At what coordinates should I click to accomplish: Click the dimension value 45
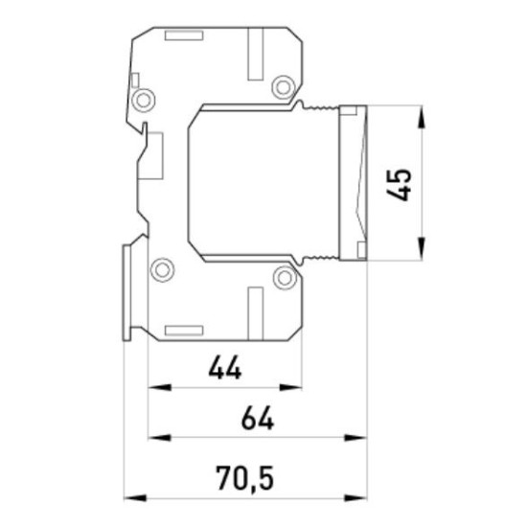[x=399, y=185]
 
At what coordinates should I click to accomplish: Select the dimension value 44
[x=225, y=368]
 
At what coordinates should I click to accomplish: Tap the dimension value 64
[x=258, y=418]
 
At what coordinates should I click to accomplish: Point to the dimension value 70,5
[x=244, y=478]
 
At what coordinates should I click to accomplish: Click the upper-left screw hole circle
[x=144, y=101]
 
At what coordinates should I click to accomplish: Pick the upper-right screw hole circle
[x=284, y=87]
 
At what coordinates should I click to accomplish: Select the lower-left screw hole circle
[x=162, y=270]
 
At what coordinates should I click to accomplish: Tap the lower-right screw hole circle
[x=285, y=278]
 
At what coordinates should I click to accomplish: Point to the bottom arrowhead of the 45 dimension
[x=422, y=248]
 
